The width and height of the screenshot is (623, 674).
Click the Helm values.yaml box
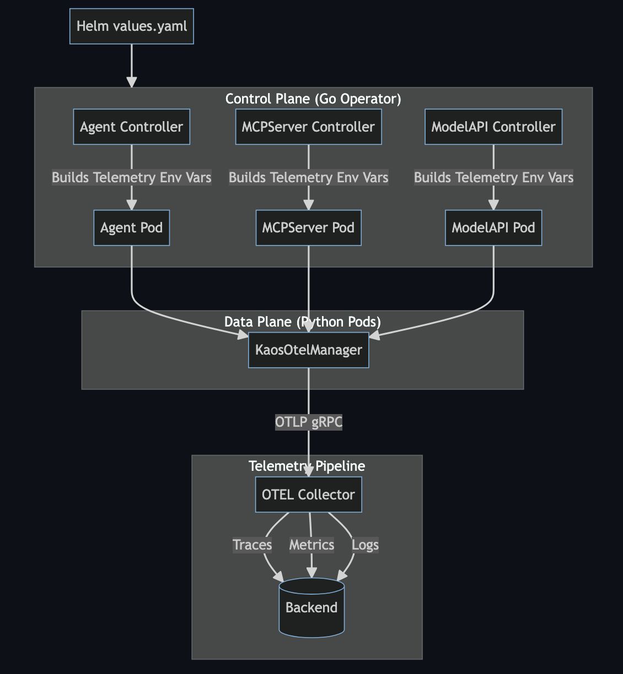coord(131,26)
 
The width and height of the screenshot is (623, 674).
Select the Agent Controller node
coord(131,127)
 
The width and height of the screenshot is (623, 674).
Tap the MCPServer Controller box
coord(308,127)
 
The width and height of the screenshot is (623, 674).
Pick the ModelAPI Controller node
coord(493,127)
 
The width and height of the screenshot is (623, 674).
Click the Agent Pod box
coord(131,227)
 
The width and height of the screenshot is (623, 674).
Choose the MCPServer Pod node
coord(308,227)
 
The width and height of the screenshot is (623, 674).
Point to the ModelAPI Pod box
coord(493,227)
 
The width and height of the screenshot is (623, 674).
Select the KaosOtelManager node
coord(308,350)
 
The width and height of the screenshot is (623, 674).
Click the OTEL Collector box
coord(308,494)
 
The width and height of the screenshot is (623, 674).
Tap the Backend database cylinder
coord(311,607)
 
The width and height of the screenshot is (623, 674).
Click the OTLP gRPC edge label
coord(308,422)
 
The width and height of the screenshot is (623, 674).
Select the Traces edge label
coord(252,545)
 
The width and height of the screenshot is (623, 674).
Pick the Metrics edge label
coord(311,545)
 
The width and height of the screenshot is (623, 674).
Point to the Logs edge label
coord(365,545)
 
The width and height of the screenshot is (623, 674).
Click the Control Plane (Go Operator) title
coord(313,99)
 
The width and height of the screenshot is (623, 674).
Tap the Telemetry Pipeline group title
coord(307,466)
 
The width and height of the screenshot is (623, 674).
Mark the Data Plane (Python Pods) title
coord(302,322)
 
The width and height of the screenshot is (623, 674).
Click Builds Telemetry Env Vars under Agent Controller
coord(131,177)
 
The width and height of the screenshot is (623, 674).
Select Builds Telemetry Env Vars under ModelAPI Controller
coord(493,177)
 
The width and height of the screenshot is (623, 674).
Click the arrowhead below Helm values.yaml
coord(131,81)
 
